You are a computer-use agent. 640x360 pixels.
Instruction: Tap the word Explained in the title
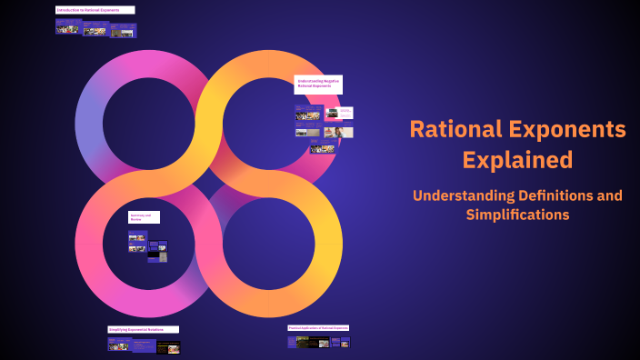pyautogui.click(x=517, y=160)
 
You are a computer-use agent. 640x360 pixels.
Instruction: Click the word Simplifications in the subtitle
pyautogui.click(x=517, y=215)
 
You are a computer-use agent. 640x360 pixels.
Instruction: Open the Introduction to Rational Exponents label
pyautogui.click(x=95, y=10)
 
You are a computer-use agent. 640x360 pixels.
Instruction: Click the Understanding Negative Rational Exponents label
pyautogui.click(x=318, y=85)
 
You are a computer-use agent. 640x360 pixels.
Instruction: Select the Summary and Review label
pyautogui.click(x=144, y=217)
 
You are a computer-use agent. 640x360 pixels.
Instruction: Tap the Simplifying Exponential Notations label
pyautogui.click(x=143, y=329)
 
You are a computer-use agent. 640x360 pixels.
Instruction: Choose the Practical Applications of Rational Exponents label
pyautogui.click(x=318, y=327)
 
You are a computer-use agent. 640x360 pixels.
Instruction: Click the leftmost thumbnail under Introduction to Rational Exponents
pyautogui.click(x=67, y=27)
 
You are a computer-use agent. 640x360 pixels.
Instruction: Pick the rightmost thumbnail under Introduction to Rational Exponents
pyautogui.click(x=124, y=30)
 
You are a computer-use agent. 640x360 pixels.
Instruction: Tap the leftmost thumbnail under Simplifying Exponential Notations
pyautogui.click(x=119, y=345)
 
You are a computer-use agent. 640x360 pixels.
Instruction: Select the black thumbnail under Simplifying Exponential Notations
pyautogui.click(x=168, y=346)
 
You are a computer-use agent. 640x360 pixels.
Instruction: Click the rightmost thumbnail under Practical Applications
pyautogui.click(x=345, y=342)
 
